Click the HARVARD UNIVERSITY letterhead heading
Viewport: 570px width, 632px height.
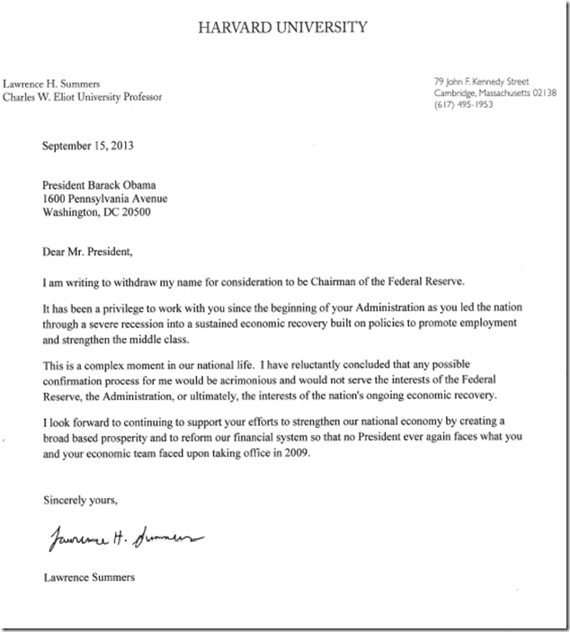(x=285, y=26)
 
